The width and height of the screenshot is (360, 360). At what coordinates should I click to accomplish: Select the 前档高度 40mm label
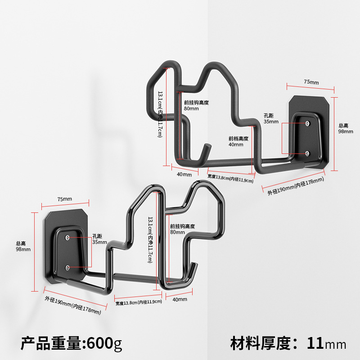coord(236,141)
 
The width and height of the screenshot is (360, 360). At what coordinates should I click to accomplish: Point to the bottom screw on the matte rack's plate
coord(308,153)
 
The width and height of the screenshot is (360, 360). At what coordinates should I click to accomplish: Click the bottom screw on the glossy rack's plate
coord(67,268)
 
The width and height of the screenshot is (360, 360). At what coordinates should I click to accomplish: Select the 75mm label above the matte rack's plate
coord(311,82)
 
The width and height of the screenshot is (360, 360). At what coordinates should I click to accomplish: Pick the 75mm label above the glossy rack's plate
coord(64,199)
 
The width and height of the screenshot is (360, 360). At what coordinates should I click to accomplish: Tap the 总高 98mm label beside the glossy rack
coord(23,246)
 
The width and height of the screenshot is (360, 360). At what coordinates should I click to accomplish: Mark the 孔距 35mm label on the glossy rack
coord(99,238)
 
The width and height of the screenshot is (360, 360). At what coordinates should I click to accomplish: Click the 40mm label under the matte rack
coord(184,174)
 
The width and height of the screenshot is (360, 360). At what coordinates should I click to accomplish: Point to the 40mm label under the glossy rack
coord(180,299)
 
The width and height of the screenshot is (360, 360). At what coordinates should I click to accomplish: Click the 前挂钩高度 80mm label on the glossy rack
coord(182,229)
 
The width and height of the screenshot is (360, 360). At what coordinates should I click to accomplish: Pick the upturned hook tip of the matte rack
coord(207,146)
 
